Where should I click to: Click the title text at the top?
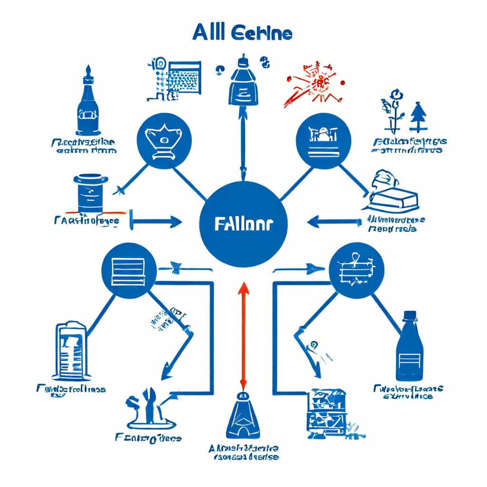243,34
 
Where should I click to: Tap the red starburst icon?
314,86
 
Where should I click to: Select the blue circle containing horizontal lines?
128,271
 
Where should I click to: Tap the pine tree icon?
418,117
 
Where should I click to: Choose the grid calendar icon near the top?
183,78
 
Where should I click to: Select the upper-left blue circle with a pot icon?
164,140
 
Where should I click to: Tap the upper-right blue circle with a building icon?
323,141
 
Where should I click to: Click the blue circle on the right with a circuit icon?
356,271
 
